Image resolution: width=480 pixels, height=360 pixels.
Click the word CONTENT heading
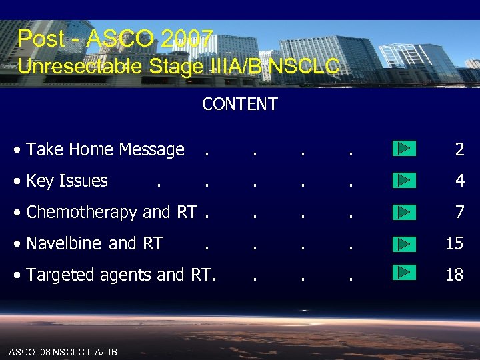pos(239,105)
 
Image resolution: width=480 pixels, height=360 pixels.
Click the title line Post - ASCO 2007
pos(115,39)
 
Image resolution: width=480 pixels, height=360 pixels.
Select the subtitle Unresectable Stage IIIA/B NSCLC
pos(178,66)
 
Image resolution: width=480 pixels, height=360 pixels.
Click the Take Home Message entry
pos(105,149)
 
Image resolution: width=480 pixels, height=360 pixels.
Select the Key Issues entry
pos(67,181)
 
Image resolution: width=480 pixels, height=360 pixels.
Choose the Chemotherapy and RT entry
pos(111,212)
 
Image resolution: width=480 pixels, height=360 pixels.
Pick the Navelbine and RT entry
pos(94,243)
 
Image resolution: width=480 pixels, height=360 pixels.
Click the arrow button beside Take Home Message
pos(404,148)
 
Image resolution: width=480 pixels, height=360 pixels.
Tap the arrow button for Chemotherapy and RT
pos(404,211)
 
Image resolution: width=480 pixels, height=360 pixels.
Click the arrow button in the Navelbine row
pos(404,243)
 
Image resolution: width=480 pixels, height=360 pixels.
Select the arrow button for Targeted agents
pos(404,273)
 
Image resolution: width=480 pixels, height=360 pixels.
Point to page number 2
pos(459,149)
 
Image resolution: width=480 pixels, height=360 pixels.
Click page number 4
pos(459,181)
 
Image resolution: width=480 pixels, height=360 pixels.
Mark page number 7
pos(459,212)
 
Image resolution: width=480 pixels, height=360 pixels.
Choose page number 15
pos(454,243)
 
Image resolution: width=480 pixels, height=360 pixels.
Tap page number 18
pos(454,275)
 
